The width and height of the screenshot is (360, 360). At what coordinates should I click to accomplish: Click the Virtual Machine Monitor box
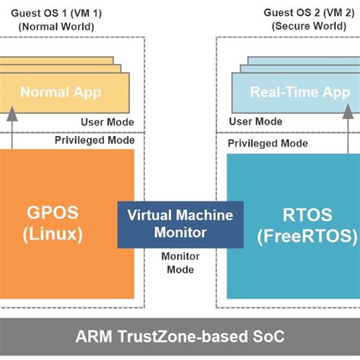(180, 224)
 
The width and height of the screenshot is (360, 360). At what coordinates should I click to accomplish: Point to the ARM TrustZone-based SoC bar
(180, 336)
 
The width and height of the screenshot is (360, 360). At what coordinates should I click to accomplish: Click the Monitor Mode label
(180, 262)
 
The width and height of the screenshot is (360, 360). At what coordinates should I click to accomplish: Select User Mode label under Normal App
(107, 122)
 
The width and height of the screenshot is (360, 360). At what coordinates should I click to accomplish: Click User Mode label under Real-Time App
(255, 122)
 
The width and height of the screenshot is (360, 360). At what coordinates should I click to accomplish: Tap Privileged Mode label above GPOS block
(94, 140)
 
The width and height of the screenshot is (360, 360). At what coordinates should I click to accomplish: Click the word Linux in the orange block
(57, 235)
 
